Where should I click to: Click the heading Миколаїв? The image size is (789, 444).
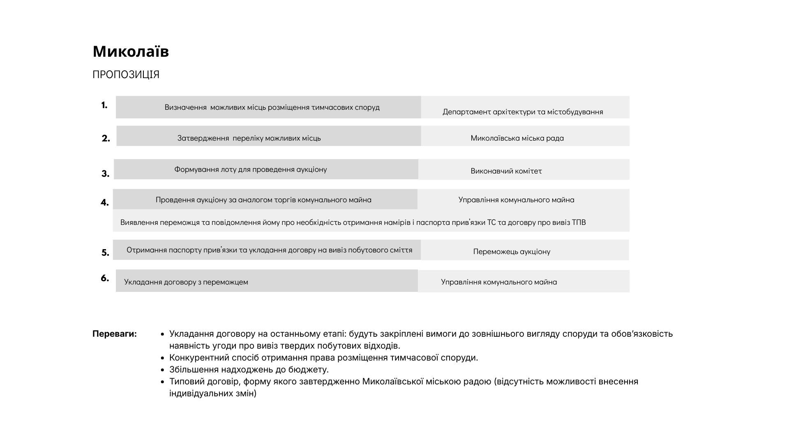131,52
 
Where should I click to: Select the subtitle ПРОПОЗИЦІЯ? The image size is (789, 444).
126,75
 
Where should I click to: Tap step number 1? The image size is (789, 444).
104,105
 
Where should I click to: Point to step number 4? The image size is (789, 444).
105,202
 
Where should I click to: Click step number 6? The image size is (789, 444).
105,278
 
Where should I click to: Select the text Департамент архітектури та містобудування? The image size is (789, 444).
523,112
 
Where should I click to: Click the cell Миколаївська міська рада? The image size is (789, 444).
517,138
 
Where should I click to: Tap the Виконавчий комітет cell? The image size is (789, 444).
506,171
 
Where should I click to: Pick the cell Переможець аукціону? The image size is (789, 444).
512,252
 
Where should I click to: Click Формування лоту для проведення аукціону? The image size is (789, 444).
250,169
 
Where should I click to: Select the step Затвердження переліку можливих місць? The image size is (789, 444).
249,138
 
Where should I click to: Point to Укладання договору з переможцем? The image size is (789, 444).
186,282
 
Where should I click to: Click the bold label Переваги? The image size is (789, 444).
115,334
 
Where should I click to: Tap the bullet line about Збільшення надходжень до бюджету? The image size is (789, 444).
249,370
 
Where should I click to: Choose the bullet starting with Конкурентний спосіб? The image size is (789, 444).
323,358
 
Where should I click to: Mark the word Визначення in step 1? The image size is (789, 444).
185,107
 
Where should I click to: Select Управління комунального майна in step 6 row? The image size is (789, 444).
499,282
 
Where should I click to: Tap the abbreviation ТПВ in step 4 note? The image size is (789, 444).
579,222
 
